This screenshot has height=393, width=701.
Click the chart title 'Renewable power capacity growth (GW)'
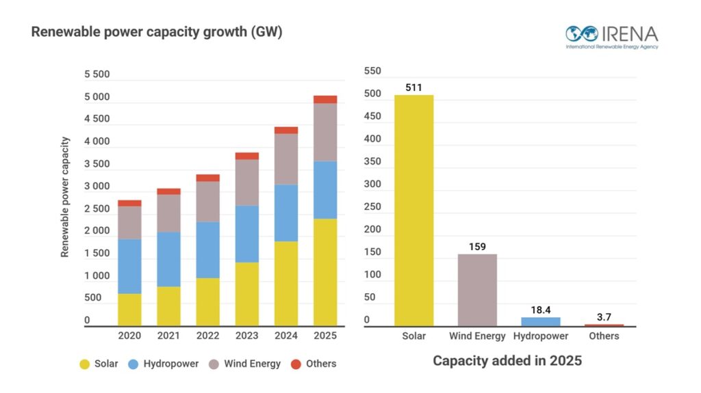click(x=157, y=32)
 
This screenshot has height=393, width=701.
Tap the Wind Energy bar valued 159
click(x=477, y=290)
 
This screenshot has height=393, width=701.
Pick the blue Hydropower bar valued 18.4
click(x=540, y=321)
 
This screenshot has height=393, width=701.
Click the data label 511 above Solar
click(x=413, y=87)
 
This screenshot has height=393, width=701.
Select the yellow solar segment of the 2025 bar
click(x=325, y=272)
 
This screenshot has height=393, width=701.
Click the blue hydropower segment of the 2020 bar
click(x=129, y=266)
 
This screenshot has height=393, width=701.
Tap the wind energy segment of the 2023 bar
click(x=247, y=182)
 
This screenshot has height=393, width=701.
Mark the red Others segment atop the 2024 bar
click(x=286, y=130)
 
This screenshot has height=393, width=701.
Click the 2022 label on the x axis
click(x=207, y=336)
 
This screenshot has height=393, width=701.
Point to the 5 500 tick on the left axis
click(x=97, y=74)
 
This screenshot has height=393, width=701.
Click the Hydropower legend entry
click(x=164, y=364)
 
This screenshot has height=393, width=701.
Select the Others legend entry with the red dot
click(x=314, y=364)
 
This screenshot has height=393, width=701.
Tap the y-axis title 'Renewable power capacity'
click(x=65, y=197)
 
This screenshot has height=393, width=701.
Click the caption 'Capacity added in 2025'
click(x=507, y=360)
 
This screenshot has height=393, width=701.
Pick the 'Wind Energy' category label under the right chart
click(x=477, y=336)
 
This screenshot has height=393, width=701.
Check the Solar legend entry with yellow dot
click(x=100, y=364)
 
